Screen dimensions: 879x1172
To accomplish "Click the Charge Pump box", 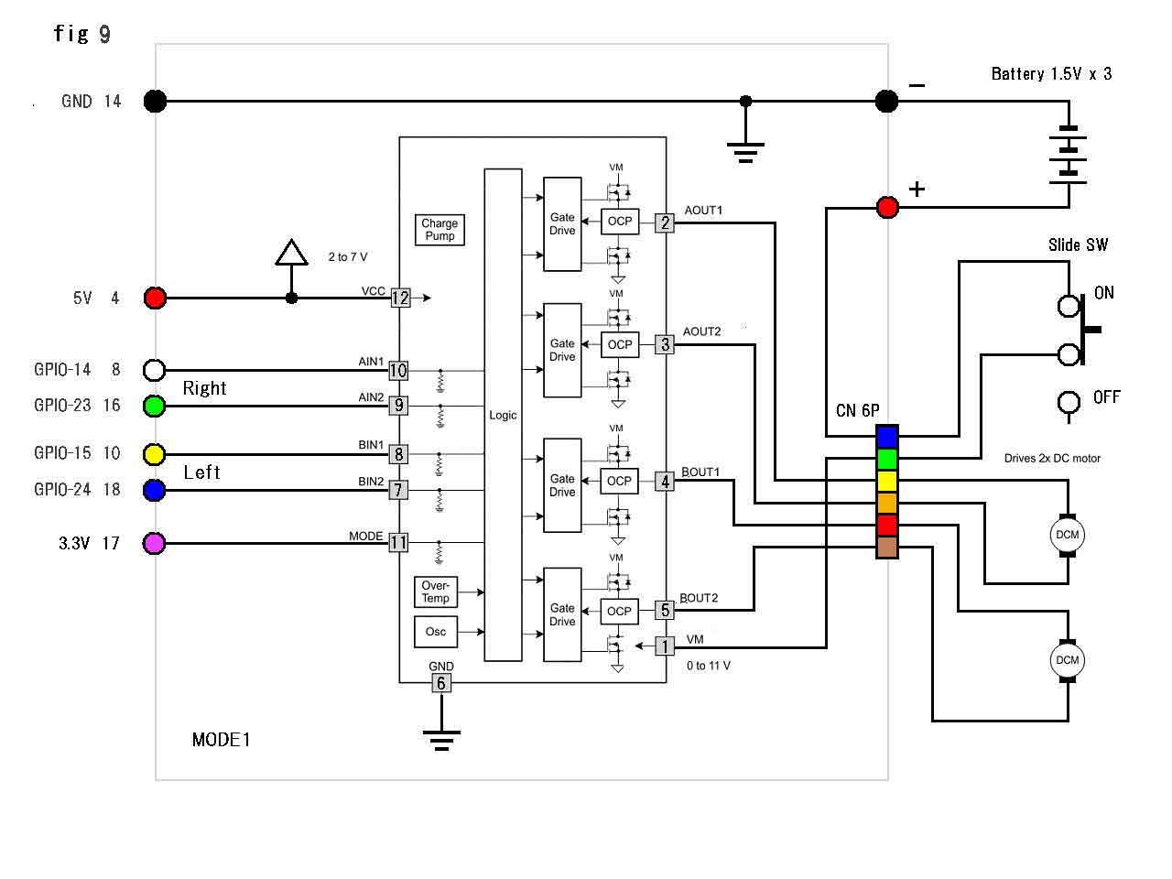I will coord(439,230).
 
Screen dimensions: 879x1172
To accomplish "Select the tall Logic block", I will coord(503,415).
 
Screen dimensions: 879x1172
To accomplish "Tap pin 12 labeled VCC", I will coord(400,298).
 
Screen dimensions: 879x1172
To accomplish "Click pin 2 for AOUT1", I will coord(665,222).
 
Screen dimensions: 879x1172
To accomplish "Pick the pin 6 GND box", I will coord(440,683).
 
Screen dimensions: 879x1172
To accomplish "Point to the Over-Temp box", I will coord(436,592).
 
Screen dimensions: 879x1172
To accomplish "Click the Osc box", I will coord(436,632).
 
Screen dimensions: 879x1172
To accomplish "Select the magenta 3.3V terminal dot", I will coord(155,544).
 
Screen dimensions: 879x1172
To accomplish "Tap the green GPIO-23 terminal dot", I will coord(155,405).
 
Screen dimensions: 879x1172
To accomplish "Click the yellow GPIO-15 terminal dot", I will coord(155,454).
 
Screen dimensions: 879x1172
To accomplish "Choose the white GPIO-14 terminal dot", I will coord(155,370).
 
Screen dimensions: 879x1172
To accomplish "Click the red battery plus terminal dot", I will coord(887,208).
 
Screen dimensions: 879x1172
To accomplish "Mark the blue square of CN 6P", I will coord(886,437).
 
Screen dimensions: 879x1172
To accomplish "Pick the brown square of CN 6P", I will coord(886,548).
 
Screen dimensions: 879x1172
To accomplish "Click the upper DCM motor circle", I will coord(1068,535).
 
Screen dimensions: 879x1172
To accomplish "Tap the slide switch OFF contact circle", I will coord(1069,402).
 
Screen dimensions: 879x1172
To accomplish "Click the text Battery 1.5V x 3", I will coord(1051,74).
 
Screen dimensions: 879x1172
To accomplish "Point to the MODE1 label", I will coord(221,740).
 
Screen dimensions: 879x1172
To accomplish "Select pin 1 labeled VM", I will coord(665,646).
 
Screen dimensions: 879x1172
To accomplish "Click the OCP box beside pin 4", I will coord(620,481).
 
